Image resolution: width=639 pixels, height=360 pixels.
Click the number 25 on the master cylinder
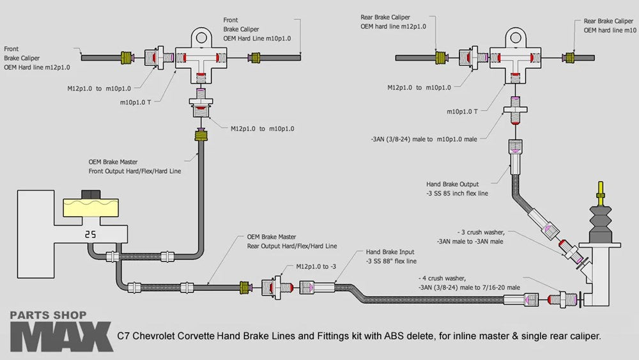90,234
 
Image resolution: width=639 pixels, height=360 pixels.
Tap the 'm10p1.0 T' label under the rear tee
463,111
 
